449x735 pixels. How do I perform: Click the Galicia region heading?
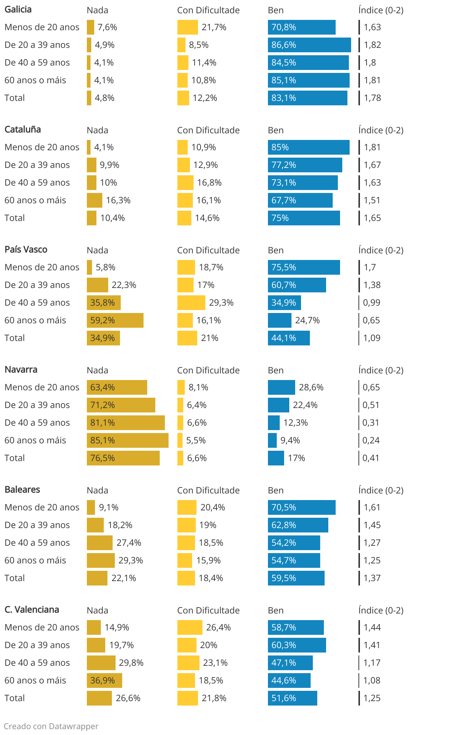pyautogui.click(x=18, y=10)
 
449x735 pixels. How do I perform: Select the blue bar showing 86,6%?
pyautogui.click(x=309, y=45)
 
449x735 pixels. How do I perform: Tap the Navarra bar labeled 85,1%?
pyautogui.click(x=127, y=440)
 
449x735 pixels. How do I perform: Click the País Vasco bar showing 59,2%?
pyautogui.click(x=115, y=320)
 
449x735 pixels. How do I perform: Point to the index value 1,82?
pyautogui.click(x=372, y=45)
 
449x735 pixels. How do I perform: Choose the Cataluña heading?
pyautogui.click(x=23, y=130)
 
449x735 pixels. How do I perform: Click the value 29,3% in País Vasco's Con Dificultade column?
pyautogui.click(x=221, y=303)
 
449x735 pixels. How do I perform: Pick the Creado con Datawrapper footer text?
pyautogui.click(x=51, y=726)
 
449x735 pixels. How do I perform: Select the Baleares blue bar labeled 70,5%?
pyautogui.click(x=301, y=507)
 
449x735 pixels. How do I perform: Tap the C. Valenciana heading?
pyautogui.click(x=32, y=610)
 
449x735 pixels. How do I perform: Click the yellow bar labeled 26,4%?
pyautogui.click(x=190, y=627)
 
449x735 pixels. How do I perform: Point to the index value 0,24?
pyautogui.click(x=371, y=440)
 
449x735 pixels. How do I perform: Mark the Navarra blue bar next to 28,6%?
pyautogui.click(x=281, y=387)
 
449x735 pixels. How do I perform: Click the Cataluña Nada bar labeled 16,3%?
pyautogui.click(x=94, y=200)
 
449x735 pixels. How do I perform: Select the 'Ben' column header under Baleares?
pyautogui.click(x=276, y=490)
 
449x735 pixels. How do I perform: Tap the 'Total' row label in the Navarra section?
pyautogui.click(x=15, y=458)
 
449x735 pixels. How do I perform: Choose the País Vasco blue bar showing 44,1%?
pyautogui.click(x=289, y=338)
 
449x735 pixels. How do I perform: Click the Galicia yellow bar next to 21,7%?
pyautogui.click(x=187, y=27)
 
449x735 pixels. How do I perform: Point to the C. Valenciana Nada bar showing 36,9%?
pyautogui.click(x=104, y=681)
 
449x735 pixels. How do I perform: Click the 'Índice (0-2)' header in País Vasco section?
pyautogui.click(x=381, y=250)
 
